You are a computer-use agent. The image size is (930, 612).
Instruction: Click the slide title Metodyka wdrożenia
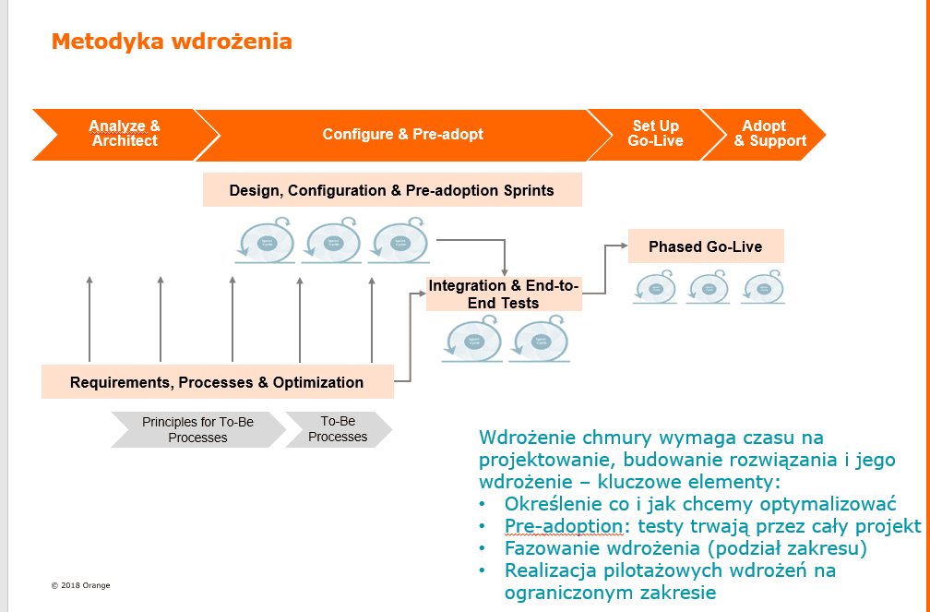coord(172,42)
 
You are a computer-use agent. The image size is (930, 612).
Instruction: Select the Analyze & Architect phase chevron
coord(124,135)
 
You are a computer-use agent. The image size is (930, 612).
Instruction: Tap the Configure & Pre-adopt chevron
coord(403,135)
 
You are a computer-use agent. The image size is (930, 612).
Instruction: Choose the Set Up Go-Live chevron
coord(655,135)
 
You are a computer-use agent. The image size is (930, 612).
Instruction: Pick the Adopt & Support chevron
coord(769,135)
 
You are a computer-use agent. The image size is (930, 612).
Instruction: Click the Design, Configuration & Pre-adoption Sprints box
coord(392,190)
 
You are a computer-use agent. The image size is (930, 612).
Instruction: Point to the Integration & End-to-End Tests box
coord(503,294)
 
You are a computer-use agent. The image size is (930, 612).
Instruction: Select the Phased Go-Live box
coord(706,246)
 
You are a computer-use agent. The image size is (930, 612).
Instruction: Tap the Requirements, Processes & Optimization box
coord(217,382)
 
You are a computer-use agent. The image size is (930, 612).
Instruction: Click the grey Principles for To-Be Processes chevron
coord(197,429)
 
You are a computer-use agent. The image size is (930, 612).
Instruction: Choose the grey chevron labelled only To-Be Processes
coord(338,429)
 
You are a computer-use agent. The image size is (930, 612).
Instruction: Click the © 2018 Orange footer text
coord(80,585)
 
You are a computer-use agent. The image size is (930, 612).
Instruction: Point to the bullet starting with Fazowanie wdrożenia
coord(686,548)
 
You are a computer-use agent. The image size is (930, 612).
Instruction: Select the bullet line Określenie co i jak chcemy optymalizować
coord(700,504)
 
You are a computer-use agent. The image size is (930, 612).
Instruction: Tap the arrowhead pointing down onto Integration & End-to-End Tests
coord(505,270)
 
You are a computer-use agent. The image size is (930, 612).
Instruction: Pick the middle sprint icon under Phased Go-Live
coord(708,288)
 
